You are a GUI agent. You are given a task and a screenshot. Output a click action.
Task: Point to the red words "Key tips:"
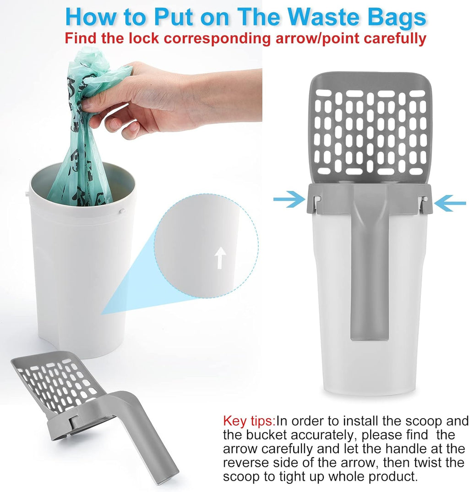tap(249, 421)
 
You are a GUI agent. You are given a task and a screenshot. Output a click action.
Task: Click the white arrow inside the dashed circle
tap(220, 257)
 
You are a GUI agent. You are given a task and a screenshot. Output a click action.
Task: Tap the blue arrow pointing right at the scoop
tap(289, 199)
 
